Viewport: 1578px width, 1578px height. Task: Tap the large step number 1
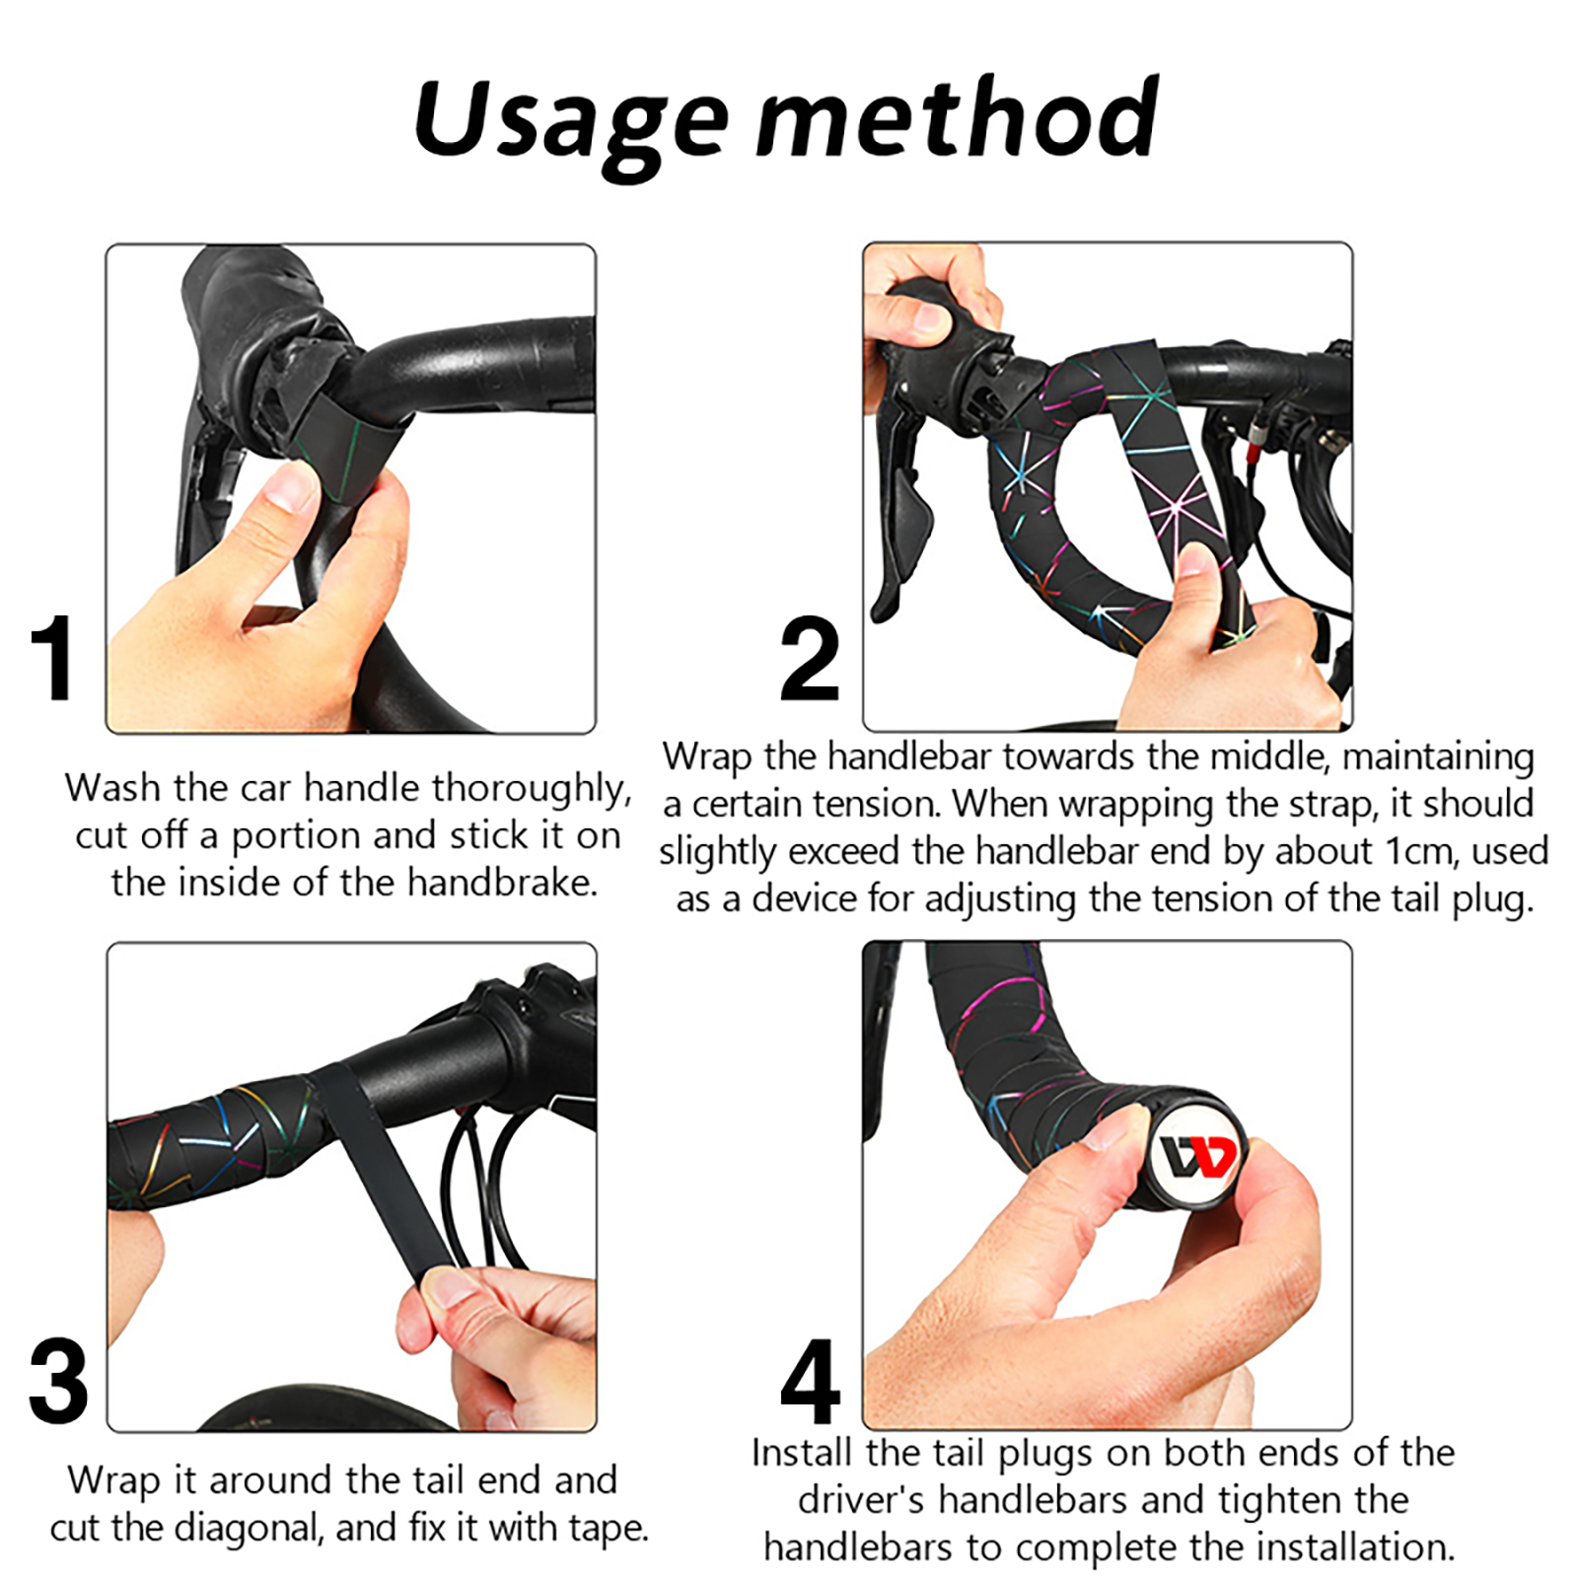pos(52,658)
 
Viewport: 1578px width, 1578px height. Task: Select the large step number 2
pos(809,658)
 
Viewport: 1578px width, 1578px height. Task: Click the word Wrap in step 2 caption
pos(707,757)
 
